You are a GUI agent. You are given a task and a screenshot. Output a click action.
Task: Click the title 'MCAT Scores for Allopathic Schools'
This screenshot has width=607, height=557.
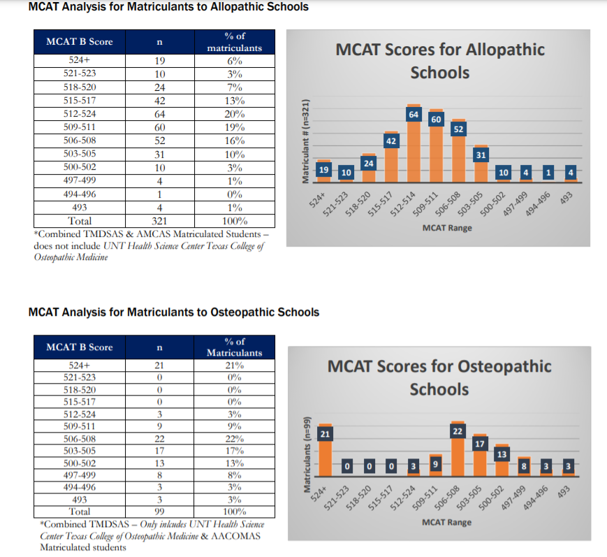[440, 61]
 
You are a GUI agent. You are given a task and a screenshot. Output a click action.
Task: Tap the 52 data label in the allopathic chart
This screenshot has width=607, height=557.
[459, 129]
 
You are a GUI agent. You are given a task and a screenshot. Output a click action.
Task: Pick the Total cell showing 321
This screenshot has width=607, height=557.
[159, 220]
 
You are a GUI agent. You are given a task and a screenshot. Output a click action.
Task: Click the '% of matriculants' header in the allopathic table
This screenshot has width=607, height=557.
[235, 42]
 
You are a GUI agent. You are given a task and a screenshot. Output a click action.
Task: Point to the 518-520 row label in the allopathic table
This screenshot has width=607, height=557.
[80, 87]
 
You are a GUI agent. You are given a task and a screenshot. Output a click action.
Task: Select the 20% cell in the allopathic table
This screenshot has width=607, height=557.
[235, 114]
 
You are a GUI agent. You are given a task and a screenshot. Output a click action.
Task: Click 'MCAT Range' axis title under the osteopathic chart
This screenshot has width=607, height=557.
[446, 522]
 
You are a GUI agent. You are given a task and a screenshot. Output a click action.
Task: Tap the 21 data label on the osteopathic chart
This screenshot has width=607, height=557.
[325, 435]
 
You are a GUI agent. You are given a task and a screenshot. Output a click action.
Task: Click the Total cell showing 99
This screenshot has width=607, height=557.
[159, 511]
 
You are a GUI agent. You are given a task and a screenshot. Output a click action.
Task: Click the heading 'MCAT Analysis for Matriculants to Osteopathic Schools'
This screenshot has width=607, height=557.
[174, 312]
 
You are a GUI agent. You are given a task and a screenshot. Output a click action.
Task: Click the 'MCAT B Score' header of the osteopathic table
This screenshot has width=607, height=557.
[80, 347]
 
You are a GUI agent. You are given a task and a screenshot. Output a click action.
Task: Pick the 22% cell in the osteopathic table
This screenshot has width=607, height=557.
[235, 438]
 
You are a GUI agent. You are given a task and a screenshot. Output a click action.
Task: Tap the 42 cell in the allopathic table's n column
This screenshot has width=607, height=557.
[159, 101]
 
